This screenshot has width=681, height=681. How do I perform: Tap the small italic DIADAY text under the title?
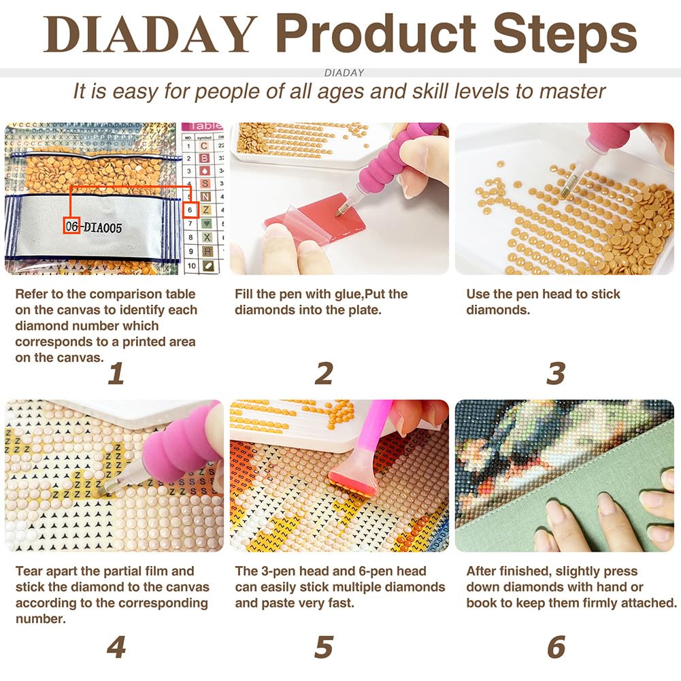point(344,72)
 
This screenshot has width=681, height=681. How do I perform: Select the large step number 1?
point(116,373)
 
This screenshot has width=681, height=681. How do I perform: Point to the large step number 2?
point(324,373)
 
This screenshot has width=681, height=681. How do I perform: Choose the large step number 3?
point(556,373)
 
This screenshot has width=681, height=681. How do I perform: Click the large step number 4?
point(116,647)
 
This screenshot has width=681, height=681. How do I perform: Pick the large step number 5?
point(324,647)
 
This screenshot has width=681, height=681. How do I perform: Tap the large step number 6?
point(556,647)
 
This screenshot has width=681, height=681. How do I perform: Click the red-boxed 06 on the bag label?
point(71,228)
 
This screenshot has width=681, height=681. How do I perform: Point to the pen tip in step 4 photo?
point(105,488)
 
